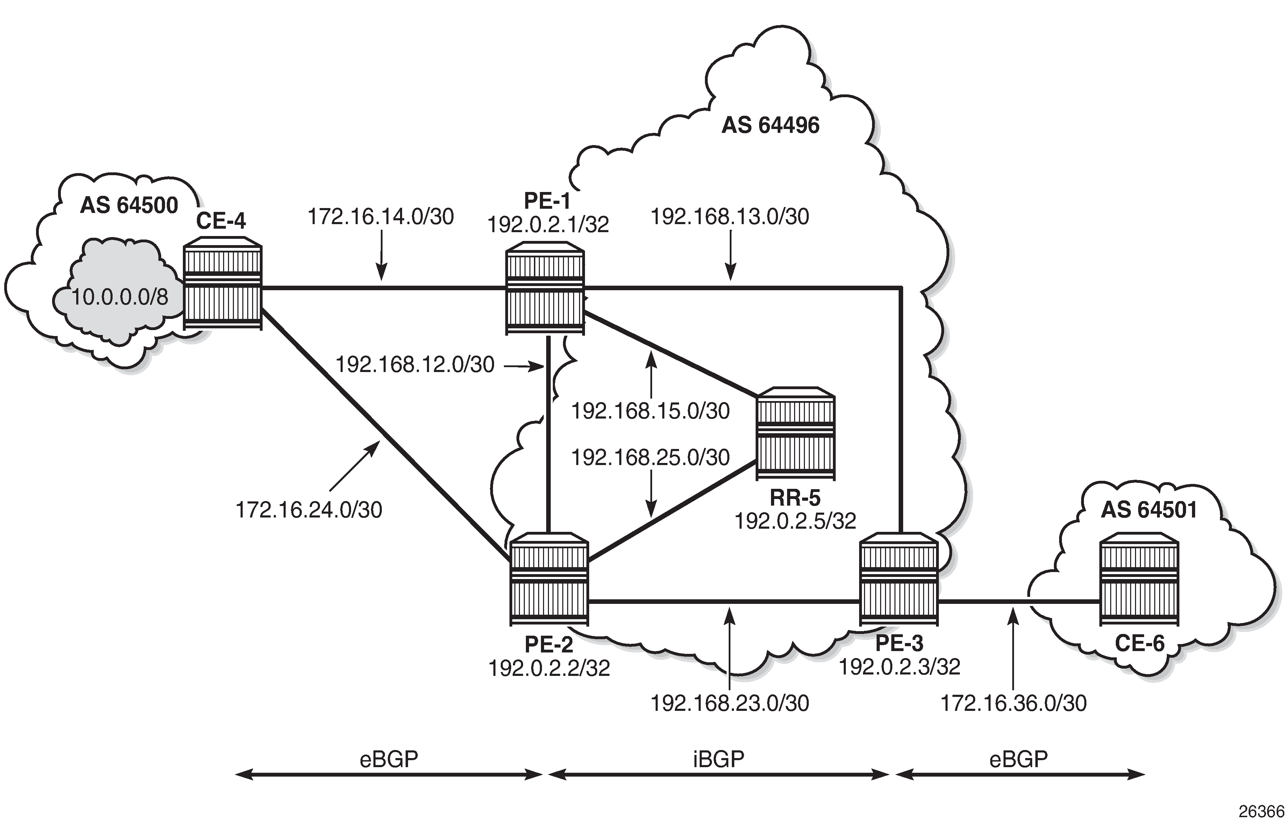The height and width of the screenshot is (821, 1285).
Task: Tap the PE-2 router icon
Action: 549,579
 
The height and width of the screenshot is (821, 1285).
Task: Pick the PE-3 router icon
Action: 899,579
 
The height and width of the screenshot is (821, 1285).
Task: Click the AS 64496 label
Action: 770,126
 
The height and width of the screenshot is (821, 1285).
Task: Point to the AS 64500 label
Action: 129,206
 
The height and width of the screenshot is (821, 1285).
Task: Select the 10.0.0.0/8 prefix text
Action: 120,297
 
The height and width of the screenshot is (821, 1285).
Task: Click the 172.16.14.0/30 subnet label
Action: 380,217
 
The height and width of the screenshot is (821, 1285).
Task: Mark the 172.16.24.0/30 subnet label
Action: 309,510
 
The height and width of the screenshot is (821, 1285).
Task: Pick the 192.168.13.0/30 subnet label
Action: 729,217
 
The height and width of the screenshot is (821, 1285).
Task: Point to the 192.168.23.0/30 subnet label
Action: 729,704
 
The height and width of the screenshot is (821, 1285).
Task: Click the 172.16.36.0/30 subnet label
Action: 1013,704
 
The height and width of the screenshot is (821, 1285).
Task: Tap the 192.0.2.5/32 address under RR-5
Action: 795,521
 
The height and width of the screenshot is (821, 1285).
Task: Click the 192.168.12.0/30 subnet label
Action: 415,365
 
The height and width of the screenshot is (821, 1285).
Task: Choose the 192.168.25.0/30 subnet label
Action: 650,457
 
